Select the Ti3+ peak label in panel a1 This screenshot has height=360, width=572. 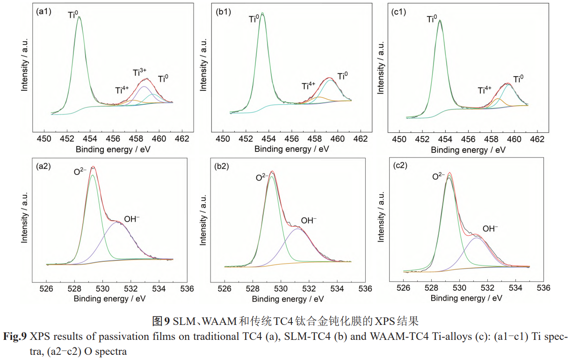(x=140, y=72)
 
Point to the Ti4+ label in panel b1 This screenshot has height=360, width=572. (x=309, y=86)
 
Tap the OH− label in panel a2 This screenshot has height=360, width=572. (x=132, y=219)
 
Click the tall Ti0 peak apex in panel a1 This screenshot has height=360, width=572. (x=79, y=17)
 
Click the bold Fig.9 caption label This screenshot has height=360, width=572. (x=15, y=336)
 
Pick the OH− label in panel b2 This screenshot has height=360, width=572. (x=309, y=220)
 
